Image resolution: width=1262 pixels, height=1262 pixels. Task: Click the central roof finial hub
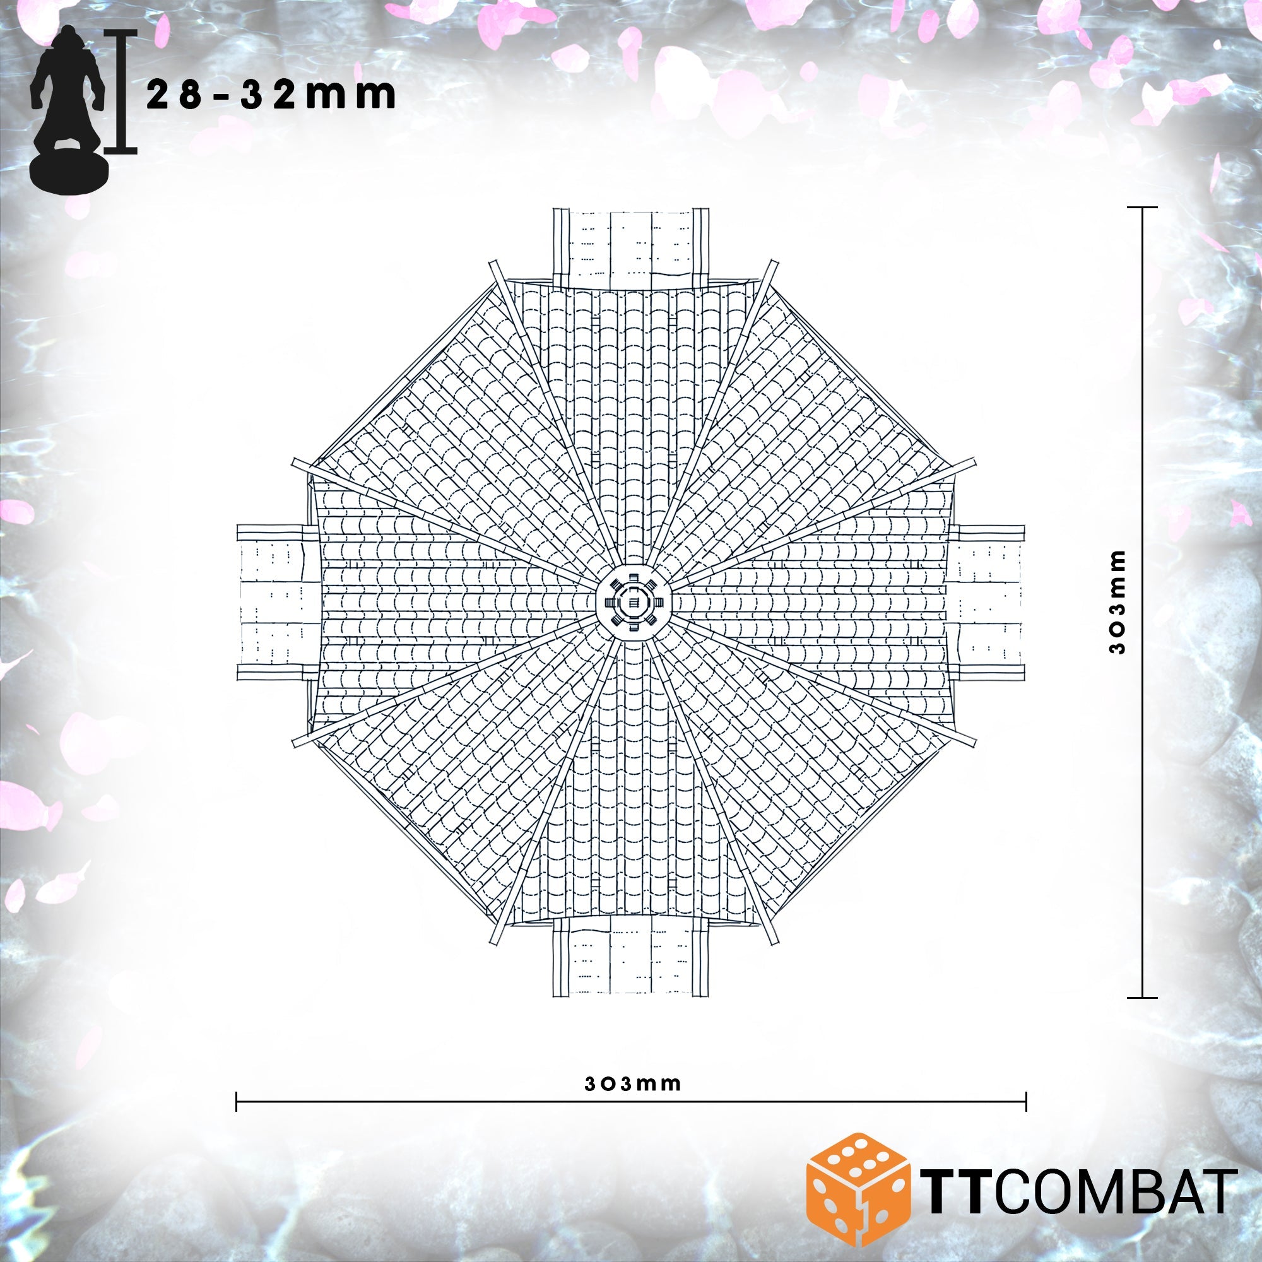[x=632, y=604]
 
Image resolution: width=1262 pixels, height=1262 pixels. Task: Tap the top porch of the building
[x=631, y=246]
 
